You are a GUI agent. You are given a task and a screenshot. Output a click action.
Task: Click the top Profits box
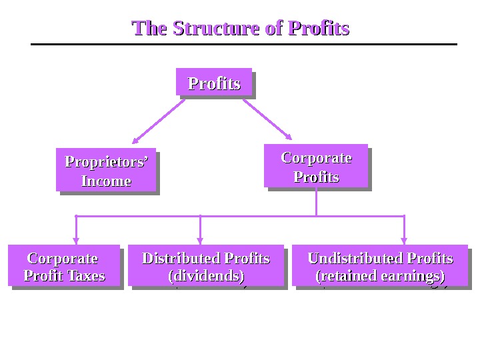(214, 83)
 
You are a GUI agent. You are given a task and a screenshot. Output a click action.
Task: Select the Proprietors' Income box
(106, 170)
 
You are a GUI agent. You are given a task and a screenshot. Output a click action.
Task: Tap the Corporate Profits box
(316, 166)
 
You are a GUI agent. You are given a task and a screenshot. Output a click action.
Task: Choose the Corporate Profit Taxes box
(64, 265)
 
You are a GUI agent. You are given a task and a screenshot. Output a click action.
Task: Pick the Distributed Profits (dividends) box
(206, 265)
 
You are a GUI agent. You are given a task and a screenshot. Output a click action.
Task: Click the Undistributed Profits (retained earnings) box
(380, 265)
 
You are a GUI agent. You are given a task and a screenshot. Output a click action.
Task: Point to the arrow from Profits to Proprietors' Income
(158, 121)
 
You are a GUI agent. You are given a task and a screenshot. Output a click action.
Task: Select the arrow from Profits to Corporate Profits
(267, 119)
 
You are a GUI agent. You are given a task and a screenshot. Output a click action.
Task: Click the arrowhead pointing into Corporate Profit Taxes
(77, 241)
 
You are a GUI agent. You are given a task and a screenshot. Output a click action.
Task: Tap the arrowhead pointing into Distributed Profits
(200, 241)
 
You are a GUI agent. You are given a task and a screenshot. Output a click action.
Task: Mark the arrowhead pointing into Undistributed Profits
(404, 241)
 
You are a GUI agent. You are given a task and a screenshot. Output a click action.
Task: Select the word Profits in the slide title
(318, 29)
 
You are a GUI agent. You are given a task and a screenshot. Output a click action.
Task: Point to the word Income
(106, 181)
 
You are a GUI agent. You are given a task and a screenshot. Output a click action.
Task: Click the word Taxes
(85, 275)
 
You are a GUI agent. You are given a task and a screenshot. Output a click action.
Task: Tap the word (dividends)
(206, 275)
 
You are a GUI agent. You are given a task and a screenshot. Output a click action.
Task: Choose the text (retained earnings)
(380, 275)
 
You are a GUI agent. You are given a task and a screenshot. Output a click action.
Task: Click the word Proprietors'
(106, 162)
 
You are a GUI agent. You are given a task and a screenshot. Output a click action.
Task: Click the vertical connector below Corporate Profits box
(316, 202)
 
